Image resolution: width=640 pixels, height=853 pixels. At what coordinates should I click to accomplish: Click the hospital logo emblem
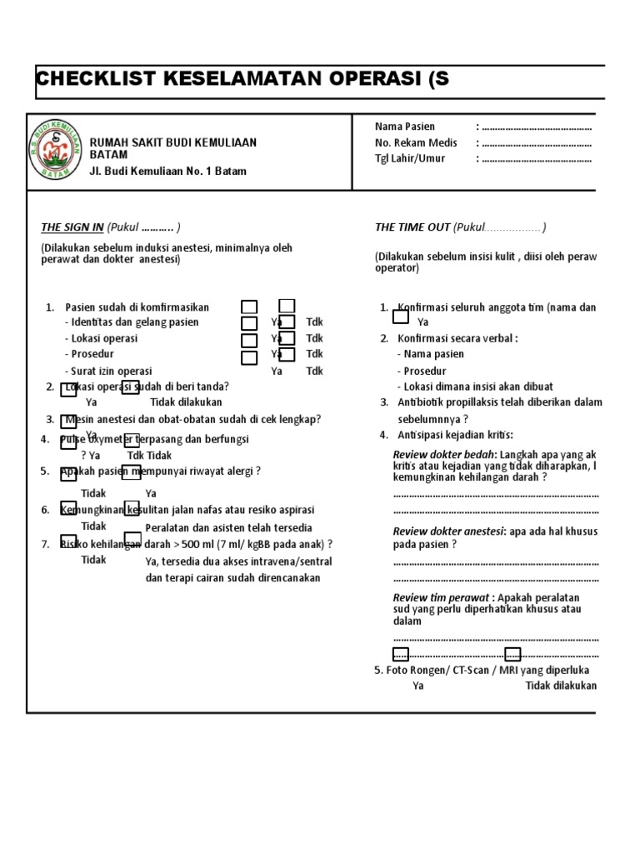56,150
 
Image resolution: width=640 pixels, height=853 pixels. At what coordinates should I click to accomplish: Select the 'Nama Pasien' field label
405,127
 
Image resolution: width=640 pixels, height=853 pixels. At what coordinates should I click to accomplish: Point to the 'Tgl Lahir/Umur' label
410,158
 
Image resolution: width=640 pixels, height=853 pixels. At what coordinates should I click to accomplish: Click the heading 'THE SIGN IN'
72,227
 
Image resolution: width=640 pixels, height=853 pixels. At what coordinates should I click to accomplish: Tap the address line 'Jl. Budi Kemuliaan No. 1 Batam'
167,172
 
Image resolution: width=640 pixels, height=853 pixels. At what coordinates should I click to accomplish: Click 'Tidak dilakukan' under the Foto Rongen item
561,686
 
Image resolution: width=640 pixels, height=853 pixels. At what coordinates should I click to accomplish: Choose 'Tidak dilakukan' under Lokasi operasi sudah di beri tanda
186,402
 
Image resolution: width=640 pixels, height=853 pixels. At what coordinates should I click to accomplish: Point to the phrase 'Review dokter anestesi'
447,531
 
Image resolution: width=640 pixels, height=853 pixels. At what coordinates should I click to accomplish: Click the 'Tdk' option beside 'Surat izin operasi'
314,371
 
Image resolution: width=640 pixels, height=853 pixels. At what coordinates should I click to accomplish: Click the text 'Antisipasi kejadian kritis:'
456,435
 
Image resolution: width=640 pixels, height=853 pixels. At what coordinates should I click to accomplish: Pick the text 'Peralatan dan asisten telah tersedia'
228,528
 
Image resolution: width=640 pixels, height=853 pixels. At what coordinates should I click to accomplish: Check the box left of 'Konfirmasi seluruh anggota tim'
401,316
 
